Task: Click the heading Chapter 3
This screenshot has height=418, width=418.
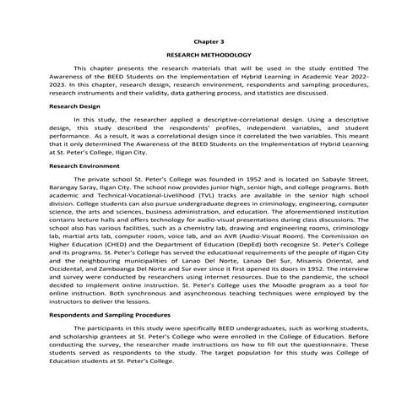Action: pyautogui.click(x=209, y=40)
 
